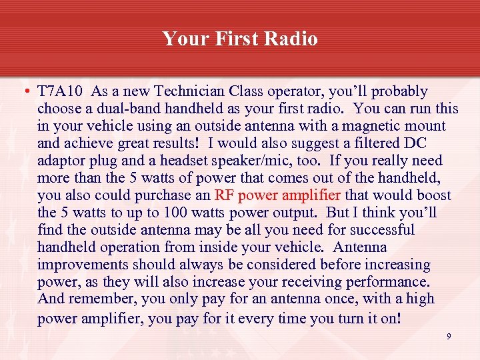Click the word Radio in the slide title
coord(291,39)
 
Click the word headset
coord(190,161)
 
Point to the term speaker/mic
coord(257,161)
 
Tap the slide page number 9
coord(449,337)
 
